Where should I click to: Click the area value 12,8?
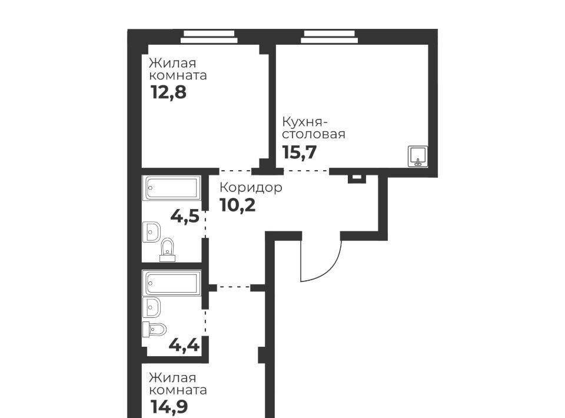click(x=168, y=92)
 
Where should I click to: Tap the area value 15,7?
click(x=299, y=152)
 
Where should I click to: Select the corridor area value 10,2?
click(x=237, y=205)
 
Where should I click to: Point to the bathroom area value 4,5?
click(x=185, y=216)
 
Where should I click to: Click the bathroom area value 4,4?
click(x=184, y=345)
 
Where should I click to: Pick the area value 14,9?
click(x=169, y=407)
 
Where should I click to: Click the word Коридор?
click(x=251, y=188)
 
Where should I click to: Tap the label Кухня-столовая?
click(x=314, y=128)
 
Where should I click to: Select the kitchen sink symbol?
click(x=418, y=157)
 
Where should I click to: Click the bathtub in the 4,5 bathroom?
click(x=172, y=188)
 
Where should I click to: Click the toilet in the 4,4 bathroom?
click(x=155, y=329)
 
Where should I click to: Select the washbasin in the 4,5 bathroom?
click(x=152, y=232)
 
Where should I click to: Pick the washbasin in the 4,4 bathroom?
click(x=152, y=307)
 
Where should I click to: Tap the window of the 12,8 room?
click(x=209, y=37)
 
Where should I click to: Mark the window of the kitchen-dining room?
click(x=330, y=37)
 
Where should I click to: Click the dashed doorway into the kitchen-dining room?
click(x=306, y=170)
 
